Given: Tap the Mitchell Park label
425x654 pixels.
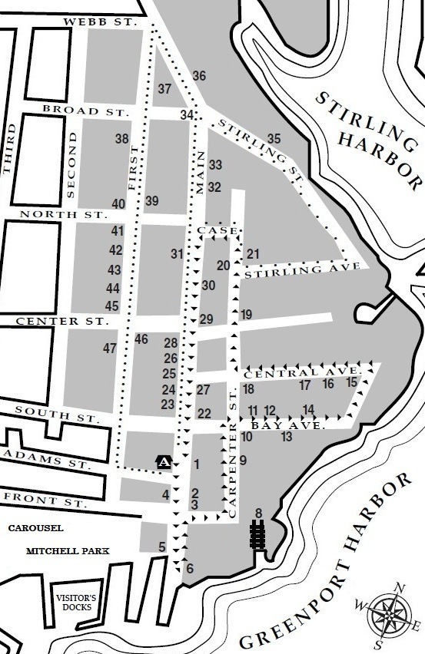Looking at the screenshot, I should pos(67,551).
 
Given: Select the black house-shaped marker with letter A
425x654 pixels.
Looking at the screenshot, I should pos(164,461).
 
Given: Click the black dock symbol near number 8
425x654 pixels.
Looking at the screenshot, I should pos(257,534).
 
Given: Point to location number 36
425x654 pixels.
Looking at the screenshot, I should pos(199,76).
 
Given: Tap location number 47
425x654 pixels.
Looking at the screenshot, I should pos(110,348).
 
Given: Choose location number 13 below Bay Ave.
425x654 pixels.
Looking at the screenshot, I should pos(287,437).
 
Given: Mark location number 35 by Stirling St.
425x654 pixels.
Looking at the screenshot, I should pos(274,139).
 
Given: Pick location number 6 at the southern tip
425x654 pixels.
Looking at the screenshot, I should pos(190,569).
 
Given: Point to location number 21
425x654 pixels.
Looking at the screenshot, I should pos(253,254).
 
